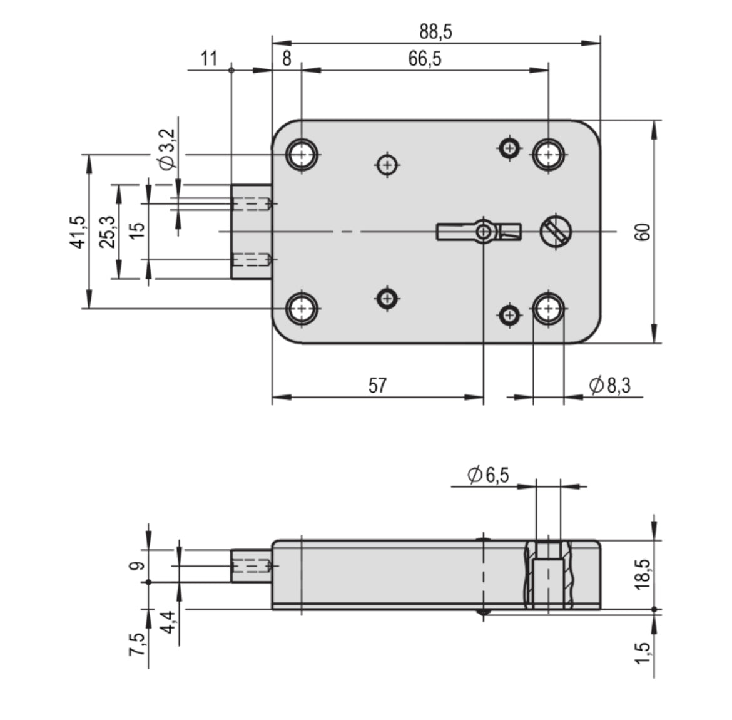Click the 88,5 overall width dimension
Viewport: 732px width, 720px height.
[435, 31]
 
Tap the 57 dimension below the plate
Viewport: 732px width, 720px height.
[377, 385]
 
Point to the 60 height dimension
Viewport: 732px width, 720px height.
[645, 232]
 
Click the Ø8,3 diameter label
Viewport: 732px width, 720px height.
[609, 386]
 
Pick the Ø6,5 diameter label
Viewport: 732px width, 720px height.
[488, 475]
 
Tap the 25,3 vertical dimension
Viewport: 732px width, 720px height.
[108, 232]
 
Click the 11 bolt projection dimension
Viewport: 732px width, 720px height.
[209, 59]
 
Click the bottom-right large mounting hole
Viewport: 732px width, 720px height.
[549, 309]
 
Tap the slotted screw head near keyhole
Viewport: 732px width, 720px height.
[556, 232]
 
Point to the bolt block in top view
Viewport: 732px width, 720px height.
[251, 232]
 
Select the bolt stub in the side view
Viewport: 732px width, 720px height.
[251, 566]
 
